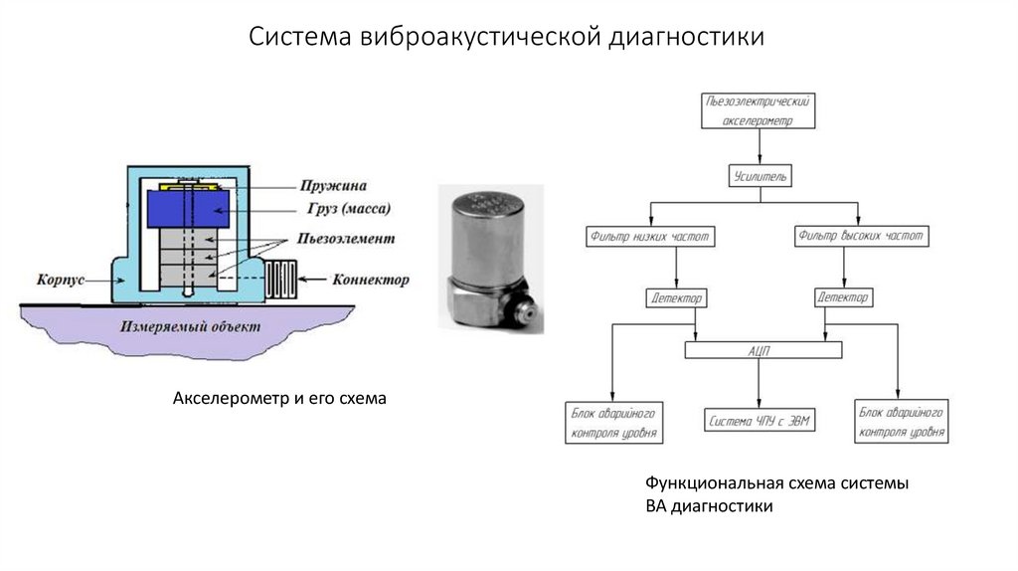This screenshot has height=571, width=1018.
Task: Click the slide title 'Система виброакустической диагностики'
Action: [x=507, y=37]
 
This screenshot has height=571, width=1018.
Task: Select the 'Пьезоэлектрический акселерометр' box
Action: [x=759, y=111]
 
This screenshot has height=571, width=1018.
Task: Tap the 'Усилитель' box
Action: [x=760, y=176]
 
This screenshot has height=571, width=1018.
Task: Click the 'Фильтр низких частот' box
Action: [x=651, y=237]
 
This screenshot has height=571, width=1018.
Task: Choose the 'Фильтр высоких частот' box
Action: [x=862, y=237]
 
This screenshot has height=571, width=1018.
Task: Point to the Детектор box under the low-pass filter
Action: [x=676, y=297]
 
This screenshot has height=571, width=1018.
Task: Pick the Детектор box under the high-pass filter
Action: [x=843, y=297]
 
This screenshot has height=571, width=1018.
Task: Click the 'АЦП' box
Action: [x=763, y=350]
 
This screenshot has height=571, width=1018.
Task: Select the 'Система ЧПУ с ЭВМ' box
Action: [x=760, y=421]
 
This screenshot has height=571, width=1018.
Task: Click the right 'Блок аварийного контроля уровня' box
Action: [x=902, y=422]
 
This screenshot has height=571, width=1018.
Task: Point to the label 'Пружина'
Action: [x=333, y=185]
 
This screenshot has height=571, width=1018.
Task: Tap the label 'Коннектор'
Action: [x=369, y=280]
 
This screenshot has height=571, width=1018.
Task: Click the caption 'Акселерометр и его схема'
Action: [x=278, y=399]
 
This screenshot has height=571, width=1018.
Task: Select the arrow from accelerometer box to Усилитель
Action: [x=760, y=146]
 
